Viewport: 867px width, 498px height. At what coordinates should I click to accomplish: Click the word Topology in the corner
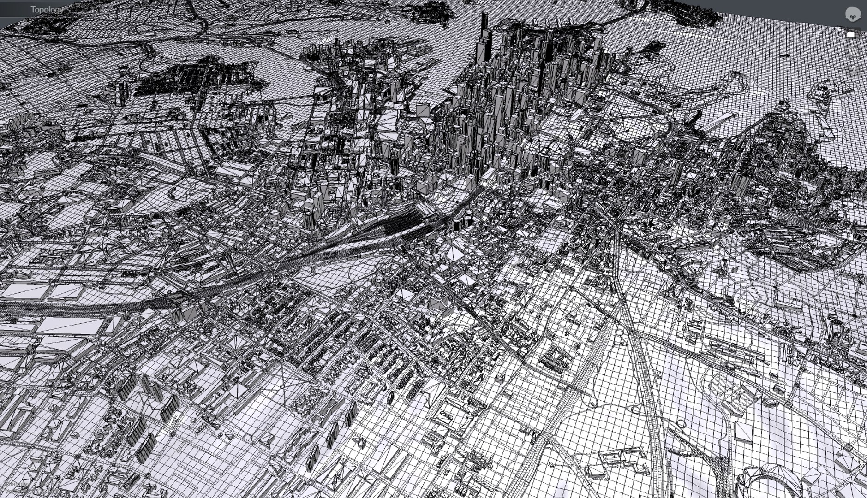tap(47, 10)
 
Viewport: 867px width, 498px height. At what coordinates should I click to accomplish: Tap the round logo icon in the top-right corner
tap(851, 14)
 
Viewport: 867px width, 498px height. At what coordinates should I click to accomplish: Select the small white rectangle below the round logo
tap(851, 35)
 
